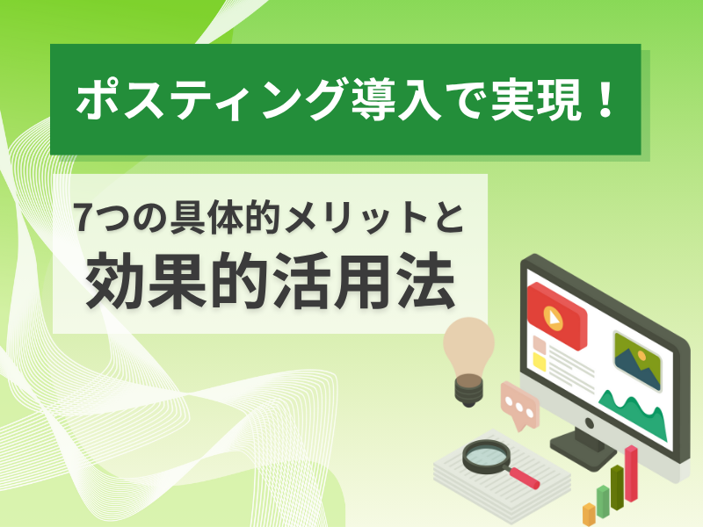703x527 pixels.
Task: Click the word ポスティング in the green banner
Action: click(210, 99)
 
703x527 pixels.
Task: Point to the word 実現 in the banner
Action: click(536, 99)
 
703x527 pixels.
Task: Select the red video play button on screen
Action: click(556, 315)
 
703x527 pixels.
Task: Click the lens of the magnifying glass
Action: click(487, 456)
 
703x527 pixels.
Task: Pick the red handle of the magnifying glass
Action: click(524, 478)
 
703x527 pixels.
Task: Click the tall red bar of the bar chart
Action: click(631, 473)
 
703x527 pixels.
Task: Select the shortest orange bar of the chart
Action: click(589, 514)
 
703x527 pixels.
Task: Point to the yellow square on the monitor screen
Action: click(540, 362)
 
